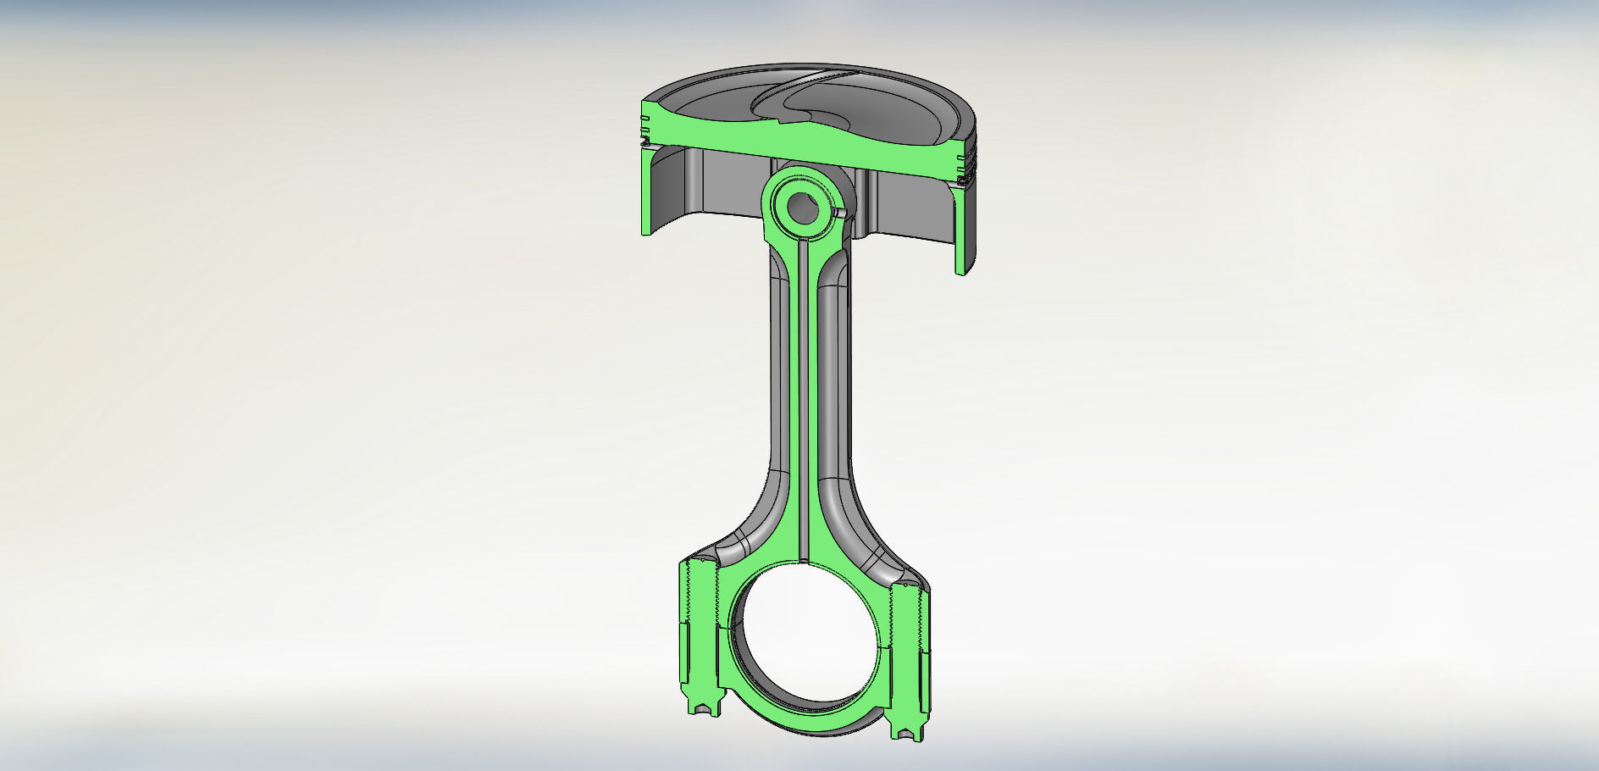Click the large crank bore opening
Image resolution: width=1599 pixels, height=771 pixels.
click(x=805, y=644)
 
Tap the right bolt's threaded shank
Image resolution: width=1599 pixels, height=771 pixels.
click(x=912, y=627)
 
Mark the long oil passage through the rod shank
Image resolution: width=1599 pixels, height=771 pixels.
click(x=802, y=407)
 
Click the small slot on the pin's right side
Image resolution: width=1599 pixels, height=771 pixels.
click(x=839, y=214)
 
